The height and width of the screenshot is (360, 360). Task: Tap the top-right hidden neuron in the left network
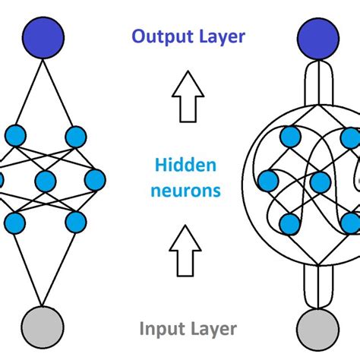point(74,137)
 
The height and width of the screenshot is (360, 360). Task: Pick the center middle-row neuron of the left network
point(46,181)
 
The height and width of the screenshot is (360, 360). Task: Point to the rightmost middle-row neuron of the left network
point(95,180)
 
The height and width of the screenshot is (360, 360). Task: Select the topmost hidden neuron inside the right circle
point(289,137)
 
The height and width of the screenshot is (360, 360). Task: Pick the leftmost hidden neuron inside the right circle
point(267,181)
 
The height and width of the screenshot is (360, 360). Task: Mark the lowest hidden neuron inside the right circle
point(289,223)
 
